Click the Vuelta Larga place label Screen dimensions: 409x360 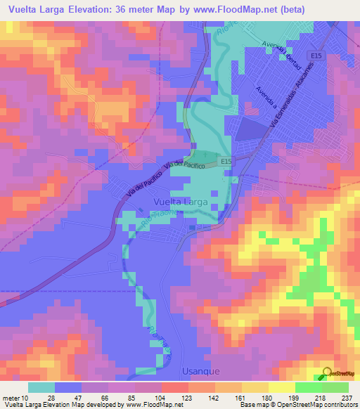click(181, 202)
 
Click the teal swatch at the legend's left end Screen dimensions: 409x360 click(41, 387)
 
